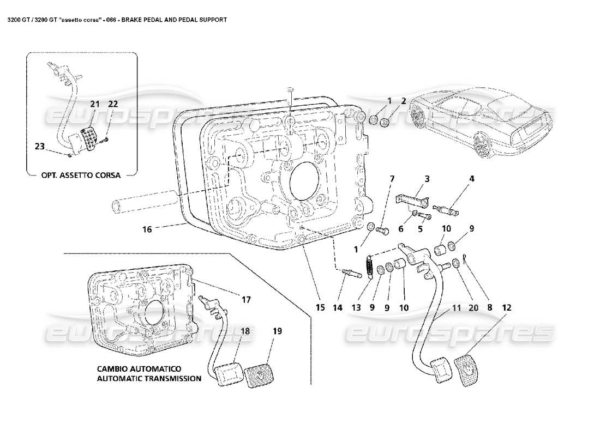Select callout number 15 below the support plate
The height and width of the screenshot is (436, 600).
(320, 307)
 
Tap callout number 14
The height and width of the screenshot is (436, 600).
(339, 307)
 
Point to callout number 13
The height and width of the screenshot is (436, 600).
(356, 307)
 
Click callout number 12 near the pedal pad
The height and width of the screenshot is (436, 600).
(507, 307)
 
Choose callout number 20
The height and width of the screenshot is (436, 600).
(472, 307)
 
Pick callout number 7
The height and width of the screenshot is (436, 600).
(391, 178)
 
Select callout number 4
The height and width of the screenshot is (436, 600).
(471, 178)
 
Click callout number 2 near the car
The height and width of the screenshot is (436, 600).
(404, 100)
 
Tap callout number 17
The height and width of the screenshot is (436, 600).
(247, 299)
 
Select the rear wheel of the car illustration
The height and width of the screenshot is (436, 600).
(483, 146)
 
